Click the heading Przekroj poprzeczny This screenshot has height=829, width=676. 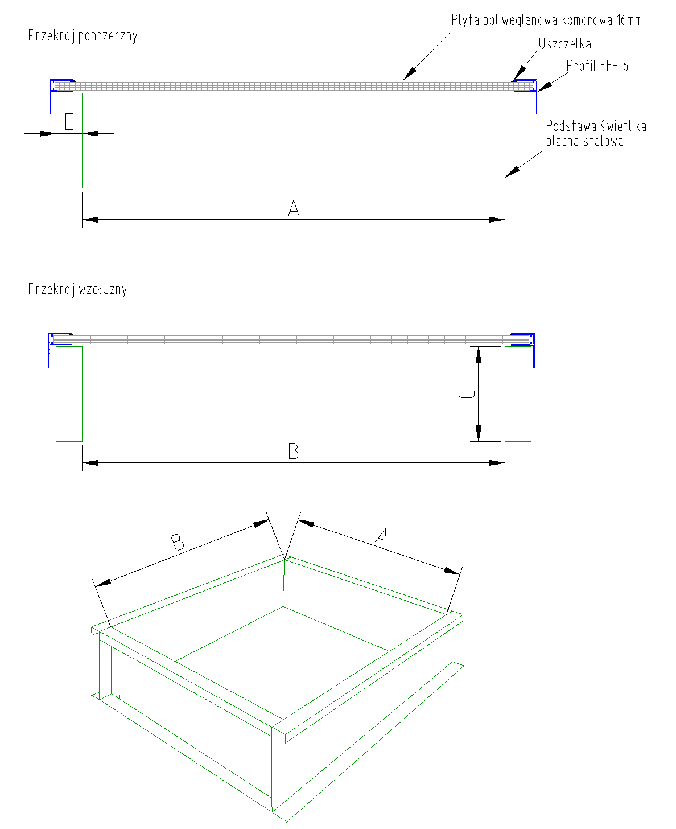(x=83, y=36)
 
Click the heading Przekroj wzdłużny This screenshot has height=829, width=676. (x=77, y=289)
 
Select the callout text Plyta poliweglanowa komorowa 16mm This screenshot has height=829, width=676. (x=546, y=20)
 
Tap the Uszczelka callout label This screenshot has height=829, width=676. (x=565, y=44)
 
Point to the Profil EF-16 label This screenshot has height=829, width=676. (x=597, y=65)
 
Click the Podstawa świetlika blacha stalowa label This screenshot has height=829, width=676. (x=596, y=133)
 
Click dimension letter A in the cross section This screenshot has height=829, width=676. (x=294, y=208)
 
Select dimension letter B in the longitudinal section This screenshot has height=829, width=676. (x=294, y=451)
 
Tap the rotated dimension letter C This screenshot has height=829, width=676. (x=467, y=394)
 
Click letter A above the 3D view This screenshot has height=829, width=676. (x=381, y=536)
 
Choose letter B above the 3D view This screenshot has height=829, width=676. (x=178, y=543)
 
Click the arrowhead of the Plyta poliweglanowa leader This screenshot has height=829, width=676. (x=409, y=74)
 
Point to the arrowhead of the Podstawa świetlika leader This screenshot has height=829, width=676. (x=512, y=172)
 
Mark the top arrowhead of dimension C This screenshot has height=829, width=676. (x=478, y=354)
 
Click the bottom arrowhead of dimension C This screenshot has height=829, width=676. (x=478, y=433)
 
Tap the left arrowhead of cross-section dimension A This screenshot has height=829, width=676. (x=90, y=219)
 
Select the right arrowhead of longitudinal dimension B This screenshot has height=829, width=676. (x=497, y=463)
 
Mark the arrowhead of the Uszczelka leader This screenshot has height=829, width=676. (x=519, y=74)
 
